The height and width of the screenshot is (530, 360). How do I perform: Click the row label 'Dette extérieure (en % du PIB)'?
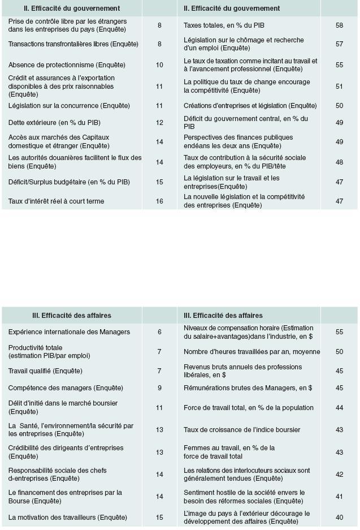tap(54, 122)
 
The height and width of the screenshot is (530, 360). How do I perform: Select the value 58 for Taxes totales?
tap(339, 25)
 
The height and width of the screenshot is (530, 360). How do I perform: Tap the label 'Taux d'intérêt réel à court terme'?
tap(56, 201)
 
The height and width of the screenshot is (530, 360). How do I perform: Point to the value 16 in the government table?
tap(159, 201)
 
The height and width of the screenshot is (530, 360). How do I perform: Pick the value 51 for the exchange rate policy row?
tap(339, 86)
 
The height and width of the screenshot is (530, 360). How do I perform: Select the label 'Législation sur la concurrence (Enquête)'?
tap(69, 106)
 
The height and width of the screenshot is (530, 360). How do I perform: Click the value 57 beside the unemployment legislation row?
tap(339, 44)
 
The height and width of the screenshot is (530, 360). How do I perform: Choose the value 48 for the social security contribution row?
tap(339, 162)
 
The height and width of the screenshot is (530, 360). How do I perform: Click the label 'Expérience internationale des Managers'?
tap(69, 332)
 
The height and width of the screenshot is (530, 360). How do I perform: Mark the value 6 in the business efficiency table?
tap(159, 332)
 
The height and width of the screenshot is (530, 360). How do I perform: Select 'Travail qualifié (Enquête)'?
tap(45, 371)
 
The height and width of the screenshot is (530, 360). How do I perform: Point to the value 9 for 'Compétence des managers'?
tap(159, 388)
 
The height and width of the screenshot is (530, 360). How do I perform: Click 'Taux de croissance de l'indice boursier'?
tap(242, 430)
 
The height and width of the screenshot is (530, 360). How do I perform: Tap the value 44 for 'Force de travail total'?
tap(339, 408)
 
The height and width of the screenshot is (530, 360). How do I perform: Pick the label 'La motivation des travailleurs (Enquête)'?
tap(67, 517)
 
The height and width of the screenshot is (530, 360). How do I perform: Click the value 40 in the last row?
tap(339, 517)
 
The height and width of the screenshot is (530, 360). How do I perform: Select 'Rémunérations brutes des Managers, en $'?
tap(248, 388)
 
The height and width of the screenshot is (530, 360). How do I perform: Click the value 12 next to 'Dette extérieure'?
tap(159, 122)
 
